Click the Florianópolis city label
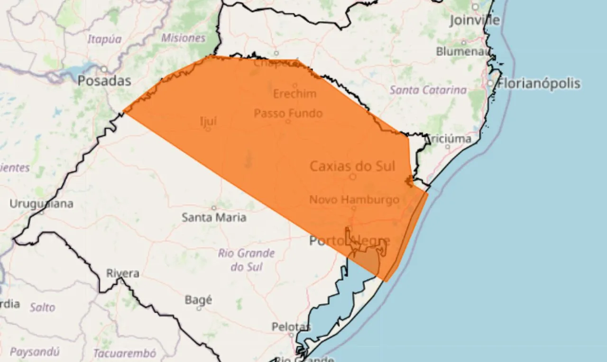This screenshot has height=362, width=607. tap(539, 84)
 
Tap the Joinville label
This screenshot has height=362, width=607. tap(474, 20)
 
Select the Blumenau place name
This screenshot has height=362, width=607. tap(462, 51)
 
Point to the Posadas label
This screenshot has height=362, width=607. tap(104, 81)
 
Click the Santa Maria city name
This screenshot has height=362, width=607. tap(214, 217)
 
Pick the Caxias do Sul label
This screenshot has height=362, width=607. tap(359, 166)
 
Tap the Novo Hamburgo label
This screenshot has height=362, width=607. tap(354, 199)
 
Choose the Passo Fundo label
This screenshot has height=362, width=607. tap(288, 114)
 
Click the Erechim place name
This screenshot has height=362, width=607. tap(294, 94)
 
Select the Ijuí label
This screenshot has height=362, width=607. tap(209, 121)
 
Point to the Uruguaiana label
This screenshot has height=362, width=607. tap(42, 204)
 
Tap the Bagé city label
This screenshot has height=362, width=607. tap(198, 300)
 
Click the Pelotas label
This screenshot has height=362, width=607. tap(291, 326)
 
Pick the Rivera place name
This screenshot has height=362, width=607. tap(123, 273)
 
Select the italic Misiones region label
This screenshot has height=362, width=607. tap(184, 38)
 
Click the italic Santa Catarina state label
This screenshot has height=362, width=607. tap(428, 90)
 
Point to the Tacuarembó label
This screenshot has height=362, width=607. tap(124, 353)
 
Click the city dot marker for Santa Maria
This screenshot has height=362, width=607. tap(214, 208)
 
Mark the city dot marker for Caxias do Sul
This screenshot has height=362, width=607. tap(353, 177)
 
